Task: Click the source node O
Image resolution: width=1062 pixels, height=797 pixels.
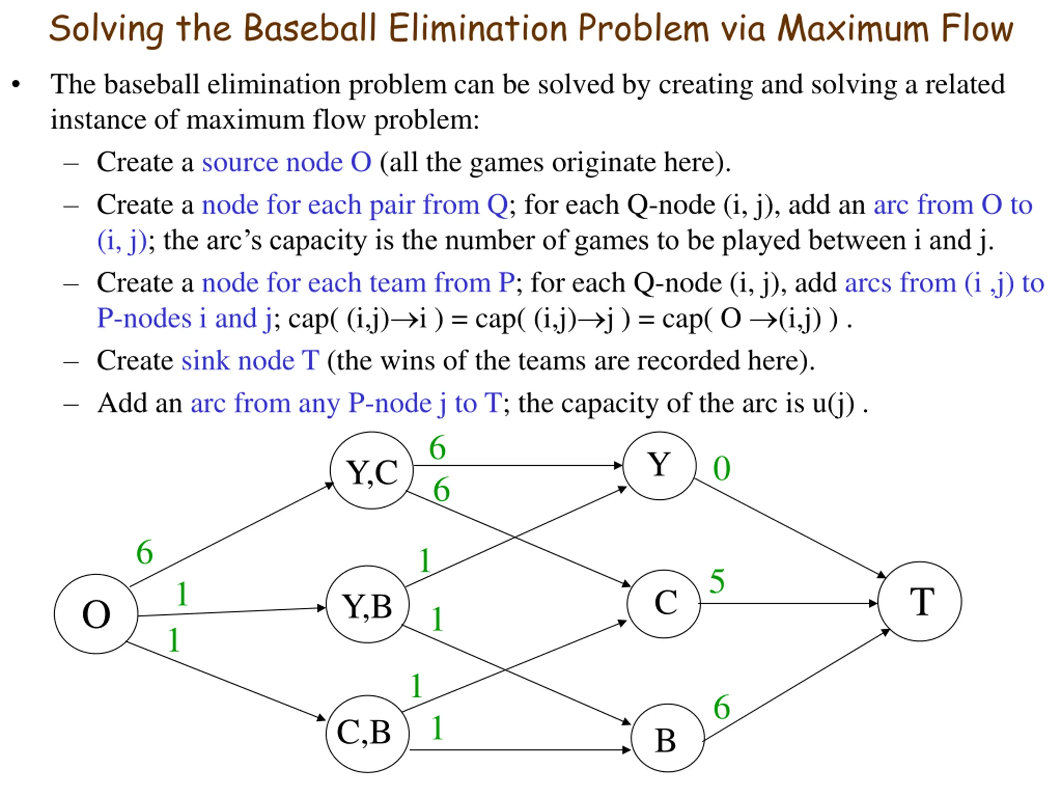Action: (96, 614)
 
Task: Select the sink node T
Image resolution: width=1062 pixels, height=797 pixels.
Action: (920, 601)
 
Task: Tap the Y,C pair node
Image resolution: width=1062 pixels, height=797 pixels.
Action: (372, 470)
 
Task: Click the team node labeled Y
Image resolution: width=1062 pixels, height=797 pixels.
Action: (659, 465)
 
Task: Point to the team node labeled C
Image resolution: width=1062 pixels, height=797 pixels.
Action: (663, 604)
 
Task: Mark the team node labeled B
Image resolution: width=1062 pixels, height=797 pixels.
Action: (667, 737)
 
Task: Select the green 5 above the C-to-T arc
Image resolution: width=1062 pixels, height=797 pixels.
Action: (717, 581)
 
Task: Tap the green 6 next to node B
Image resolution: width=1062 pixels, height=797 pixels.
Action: (721, 707)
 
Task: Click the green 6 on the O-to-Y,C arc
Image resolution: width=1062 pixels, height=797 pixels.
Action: (144, 552)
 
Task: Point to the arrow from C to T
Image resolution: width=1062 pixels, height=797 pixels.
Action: (789, 604)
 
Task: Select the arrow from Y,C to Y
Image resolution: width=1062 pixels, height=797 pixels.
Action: (518, 465)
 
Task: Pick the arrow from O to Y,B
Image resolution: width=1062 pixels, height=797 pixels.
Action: (232, 611)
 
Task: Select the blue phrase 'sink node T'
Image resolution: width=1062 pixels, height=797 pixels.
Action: (250, 360)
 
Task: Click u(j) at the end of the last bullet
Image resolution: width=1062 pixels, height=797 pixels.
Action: (833, 403)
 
